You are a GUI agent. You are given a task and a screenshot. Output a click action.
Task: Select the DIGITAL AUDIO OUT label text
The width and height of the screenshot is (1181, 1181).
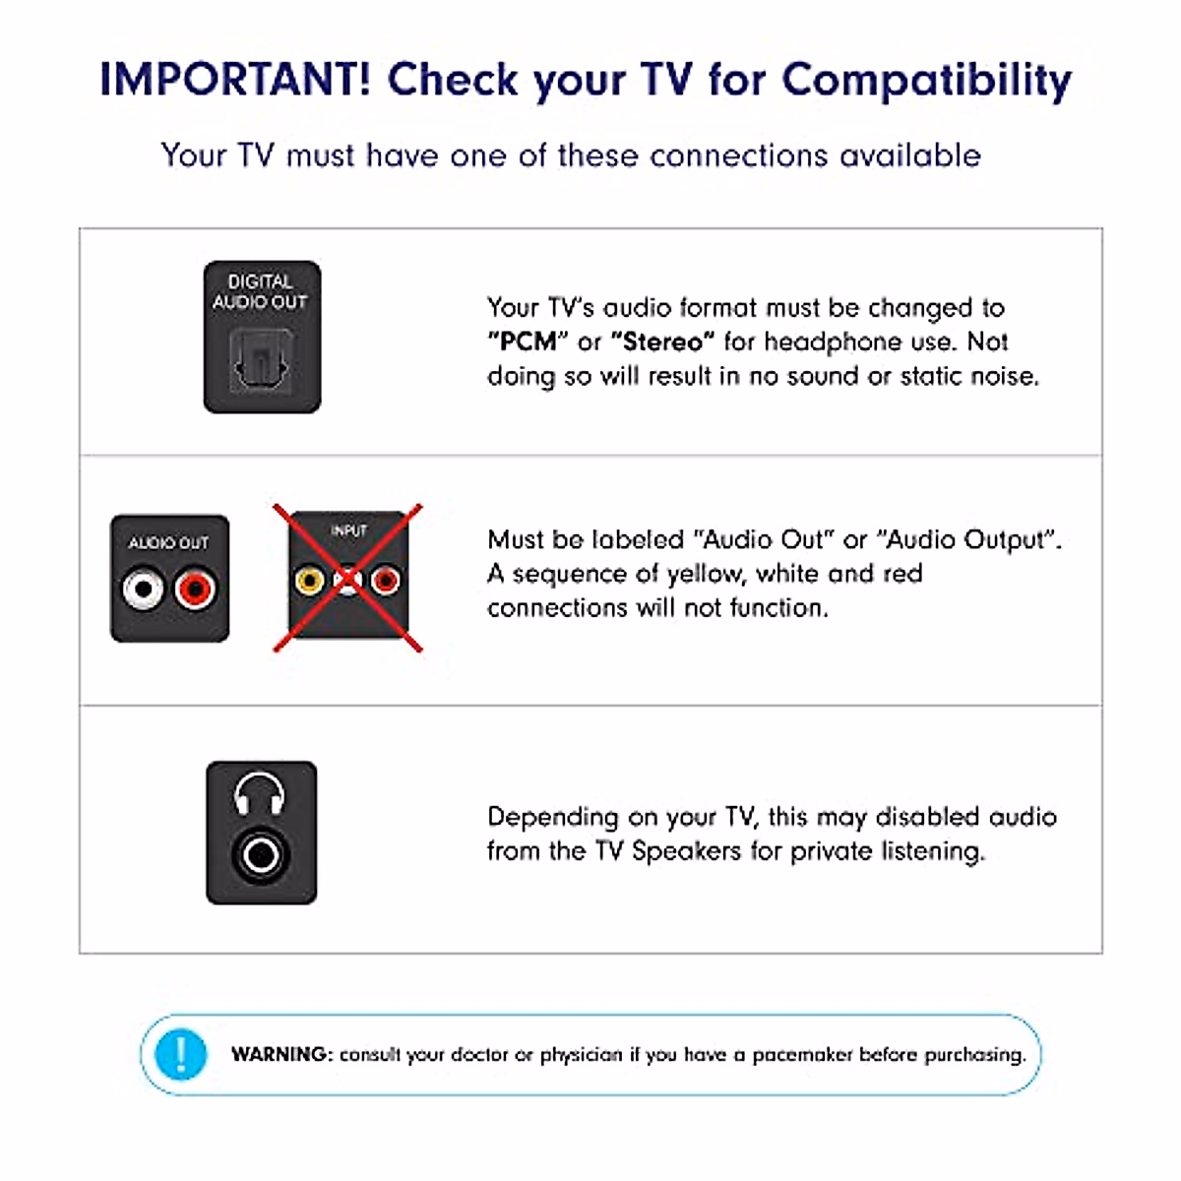[x=261, y=291]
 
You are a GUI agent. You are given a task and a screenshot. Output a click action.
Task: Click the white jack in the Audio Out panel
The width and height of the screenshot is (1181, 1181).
[x=144, y=590]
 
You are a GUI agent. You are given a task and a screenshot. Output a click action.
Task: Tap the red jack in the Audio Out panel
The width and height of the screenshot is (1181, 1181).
[x=195, y=590]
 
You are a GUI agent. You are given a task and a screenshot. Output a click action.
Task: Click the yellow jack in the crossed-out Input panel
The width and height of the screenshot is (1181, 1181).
[x=309, y=581]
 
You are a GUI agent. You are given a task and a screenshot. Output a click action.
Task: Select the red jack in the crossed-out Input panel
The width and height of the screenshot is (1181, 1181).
[x=385, y=581]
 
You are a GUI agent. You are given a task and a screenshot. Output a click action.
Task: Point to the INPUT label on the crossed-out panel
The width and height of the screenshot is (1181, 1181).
[x=348, y=531]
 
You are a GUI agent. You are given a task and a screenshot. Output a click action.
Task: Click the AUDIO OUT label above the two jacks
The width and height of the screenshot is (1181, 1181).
[x=168, y=543]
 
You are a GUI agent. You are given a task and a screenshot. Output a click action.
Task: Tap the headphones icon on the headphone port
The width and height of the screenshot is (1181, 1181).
[x=260, y=794]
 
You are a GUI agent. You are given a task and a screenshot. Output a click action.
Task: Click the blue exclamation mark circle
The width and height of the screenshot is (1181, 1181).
[x=181, y=1054]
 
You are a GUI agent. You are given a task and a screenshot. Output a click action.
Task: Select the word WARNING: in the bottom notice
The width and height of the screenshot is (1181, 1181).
[x=282, y=1054]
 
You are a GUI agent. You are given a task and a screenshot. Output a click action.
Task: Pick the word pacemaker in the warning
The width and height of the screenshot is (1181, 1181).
[x=802, y=1055]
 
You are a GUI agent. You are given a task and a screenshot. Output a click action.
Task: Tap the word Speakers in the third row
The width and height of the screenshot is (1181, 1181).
[x=686, y=851]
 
